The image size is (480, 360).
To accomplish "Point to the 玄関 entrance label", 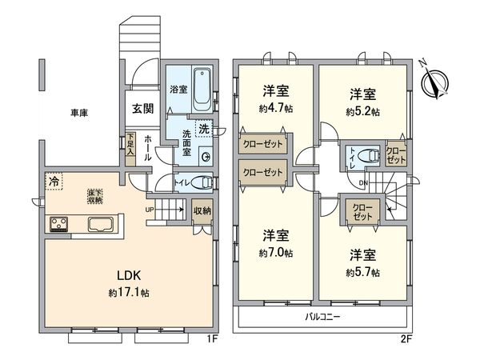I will [143, 109].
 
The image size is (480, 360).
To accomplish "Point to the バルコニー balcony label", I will [323, 317].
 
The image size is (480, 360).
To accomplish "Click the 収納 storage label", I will [202, 211].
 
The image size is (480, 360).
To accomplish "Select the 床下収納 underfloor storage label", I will [95, 194].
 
